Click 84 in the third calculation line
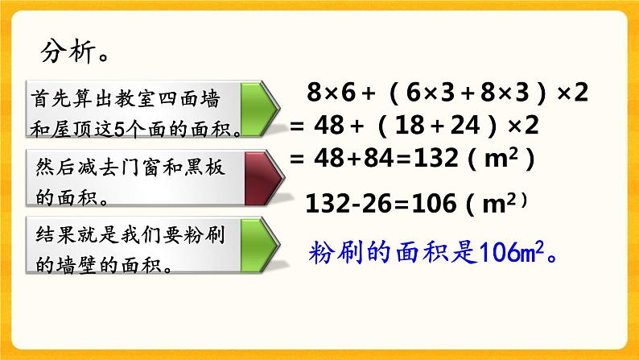[393, 159]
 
